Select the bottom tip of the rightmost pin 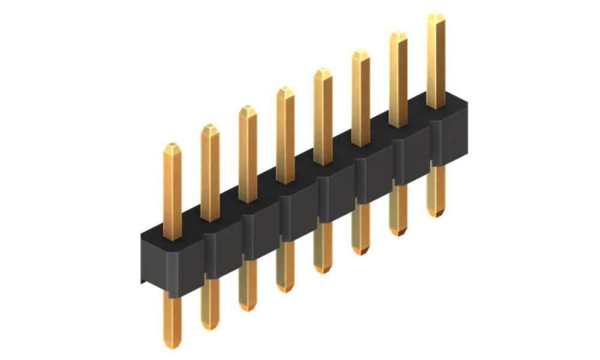[x=436, y=213]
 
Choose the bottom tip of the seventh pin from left [x=398, y=232]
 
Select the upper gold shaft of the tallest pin [x=436, y=60]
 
